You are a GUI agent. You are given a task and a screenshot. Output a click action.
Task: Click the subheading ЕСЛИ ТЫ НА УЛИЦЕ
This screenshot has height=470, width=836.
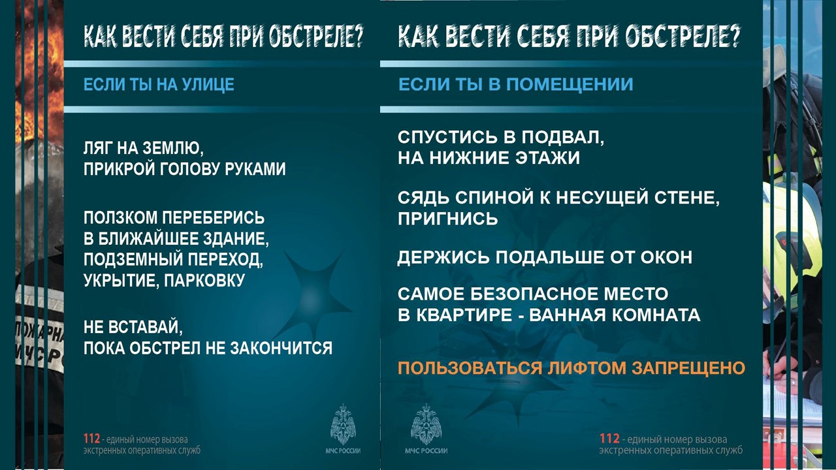tap(159, 84)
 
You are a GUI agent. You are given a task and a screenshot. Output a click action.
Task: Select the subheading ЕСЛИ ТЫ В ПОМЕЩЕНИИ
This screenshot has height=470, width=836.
tap(516, 84)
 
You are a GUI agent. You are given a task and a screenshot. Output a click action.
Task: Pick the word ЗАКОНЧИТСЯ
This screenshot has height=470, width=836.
tap(281, 348)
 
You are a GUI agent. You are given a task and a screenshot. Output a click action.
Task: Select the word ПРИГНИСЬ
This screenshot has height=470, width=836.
tap(448, 219)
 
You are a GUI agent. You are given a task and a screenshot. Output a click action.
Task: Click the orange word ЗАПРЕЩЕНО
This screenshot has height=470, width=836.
tap(688, 368)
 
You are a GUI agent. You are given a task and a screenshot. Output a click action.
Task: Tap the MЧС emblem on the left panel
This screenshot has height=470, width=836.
tap(343, 424)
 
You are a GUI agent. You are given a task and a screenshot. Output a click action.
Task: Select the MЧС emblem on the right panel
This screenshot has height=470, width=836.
tap(426, 424)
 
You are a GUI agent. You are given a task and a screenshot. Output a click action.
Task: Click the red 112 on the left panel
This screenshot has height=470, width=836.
tap(91, 439)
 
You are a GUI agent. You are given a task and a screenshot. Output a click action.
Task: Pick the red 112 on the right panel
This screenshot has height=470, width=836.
tap(609, 438)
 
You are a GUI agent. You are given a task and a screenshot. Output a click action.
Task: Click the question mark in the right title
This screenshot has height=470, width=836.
tap(734, 37)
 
